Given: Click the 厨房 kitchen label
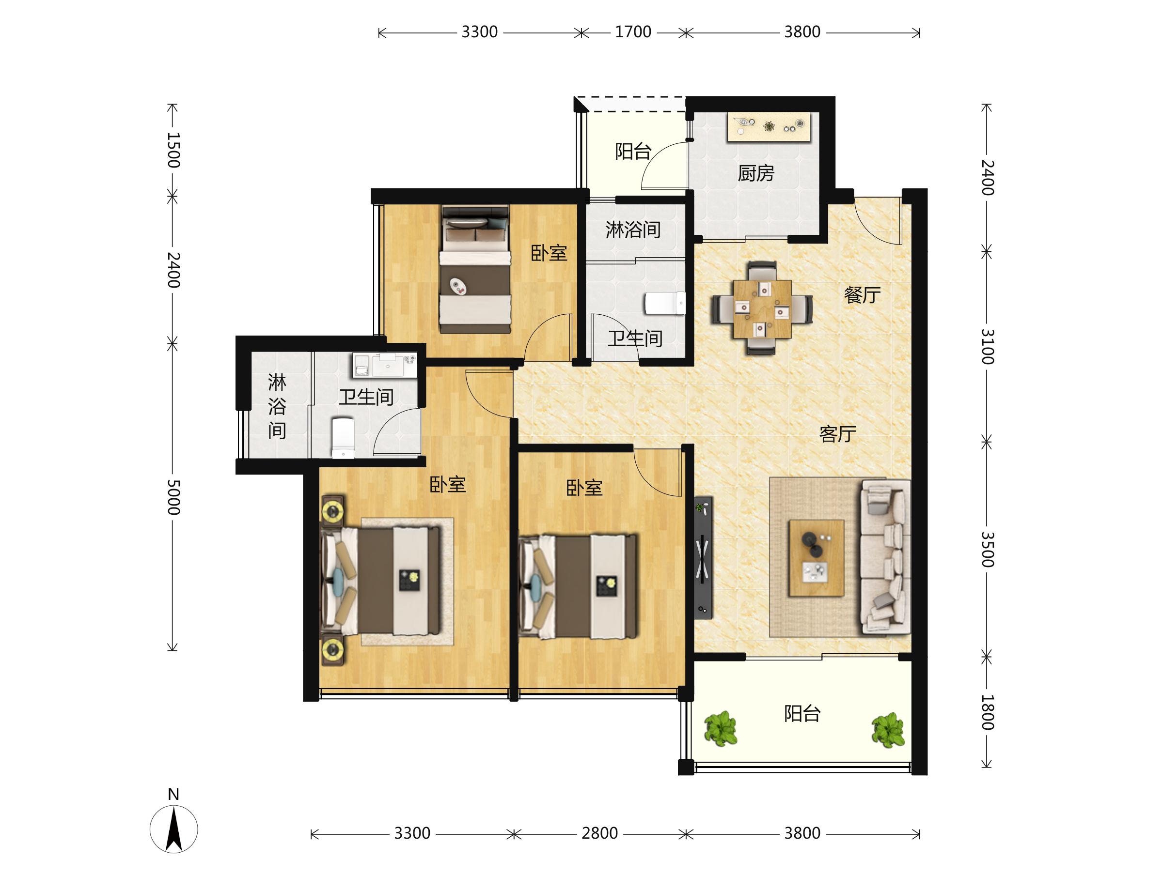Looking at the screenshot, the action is (x=755, y=173).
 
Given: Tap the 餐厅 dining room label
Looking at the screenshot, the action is (x=862, y=295).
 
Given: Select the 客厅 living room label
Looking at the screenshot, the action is (x=837, y=434).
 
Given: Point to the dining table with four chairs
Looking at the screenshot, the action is (x=762, y=308).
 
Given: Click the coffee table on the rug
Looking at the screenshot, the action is (x=816, y=558).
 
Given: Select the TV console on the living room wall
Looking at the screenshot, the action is (x=703, y=557).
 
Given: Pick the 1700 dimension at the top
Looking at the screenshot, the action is (x=633, y=32).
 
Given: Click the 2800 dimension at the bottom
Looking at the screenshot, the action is (x=599, y=833).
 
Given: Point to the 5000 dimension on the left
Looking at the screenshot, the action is (x=173, y=497).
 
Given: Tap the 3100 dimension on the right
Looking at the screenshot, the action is (x=988, y=347).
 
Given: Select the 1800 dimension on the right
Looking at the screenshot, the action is (x=988, y=713).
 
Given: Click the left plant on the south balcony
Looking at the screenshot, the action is (x=720, y=729).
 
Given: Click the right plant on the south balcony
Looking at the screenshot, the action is (x=888, y=730).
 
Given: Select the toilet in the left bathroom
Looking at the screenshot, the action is (x=343, y=438).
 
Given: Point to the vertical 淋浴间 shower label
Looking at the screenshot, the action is (x=277, y=406).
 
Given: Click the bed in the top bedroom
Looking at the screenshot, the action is (x=475, y=270).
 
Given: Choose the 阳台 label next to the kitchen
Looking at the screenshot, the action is (x=633, y=152).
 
